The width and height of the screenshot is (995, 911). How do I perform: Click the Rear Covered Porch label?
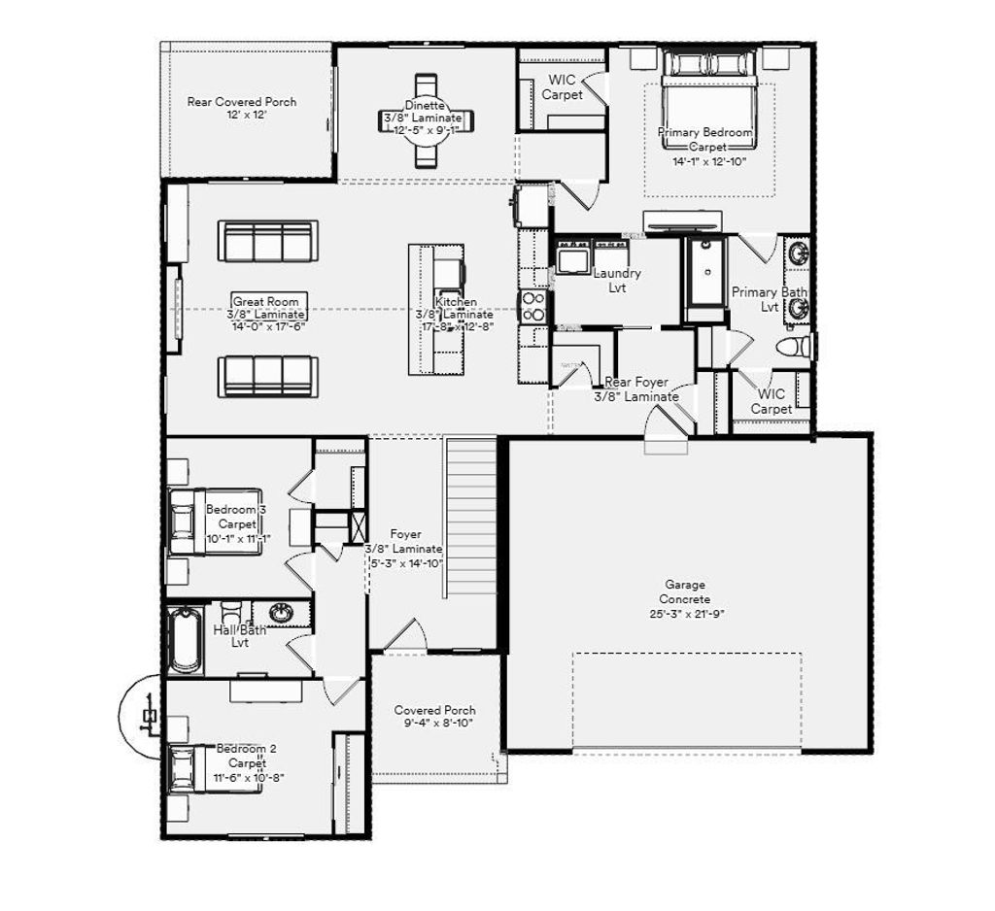[241, 102]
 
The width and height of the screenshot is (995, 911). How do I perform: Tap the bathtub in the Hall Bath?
[185, 639]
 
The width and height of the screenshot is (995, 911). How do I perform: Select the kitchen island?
[433, 309]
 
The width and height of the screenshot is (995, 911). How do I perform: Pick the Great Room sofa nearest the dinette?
[267, 240]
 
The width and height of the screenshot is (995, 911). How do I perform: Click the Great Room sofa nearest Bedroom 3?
[267, 376]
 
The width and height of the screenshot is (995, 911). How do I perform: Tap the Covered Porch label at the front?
[434, 711]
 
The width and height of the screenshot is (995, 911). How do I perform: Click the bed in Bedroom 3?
[215, 522]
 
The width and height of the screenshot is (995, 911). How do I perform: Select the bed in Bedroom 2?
[215, 767]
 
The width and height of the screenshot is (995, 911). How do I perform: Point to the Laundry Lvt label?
[617, 281]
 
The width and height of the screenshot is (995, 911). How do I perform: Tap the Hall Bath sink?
[281, 613]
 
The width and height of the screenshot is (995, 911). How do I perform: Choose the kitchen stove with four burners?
[533, 306]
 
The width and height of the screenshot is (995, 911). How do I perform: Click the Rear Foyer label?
[636, 383]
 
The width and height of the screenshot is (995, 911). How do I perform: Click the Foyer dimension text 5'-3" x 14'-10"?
[405, 563]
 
